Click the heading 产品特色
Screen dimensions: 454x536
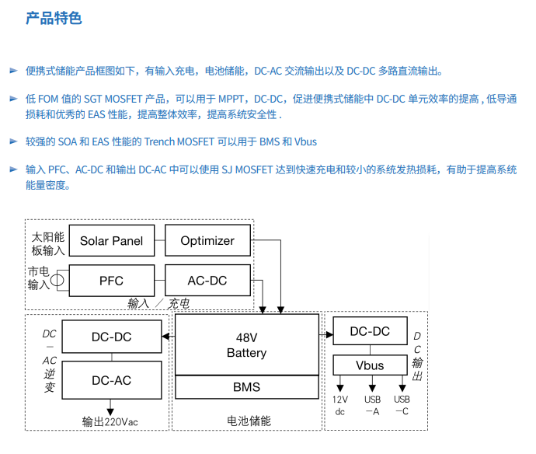(54, 18)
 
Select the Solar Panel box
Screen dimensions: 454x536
(111, 240)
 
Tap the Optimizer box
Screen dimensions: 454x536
(207, 240)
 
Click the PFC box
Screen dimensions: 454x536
(111, 280)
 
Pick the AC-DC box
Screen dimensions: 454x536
(207, 280)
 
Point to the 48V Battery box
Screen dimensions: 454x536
(246, 344)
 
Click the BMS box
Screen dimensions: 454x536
(246, 386)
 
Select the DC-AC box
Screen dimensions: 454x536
(111, 380)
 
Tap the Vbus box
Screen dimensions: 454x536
(370, 365)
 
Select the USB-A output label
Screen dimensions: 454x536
(372, 405)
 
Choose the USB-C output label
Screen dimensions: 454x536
(402, 405)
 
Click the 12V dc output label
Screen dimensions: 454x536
(339, 405)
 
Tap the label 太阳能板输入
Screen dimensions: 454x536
(47, 242)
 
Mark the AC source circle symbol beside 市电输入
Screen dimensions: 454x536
(57, 278)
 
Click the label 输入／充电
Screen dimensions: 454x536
(158, 303)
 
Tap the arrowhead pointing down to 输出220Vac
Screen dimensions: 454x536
(111, 410)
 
